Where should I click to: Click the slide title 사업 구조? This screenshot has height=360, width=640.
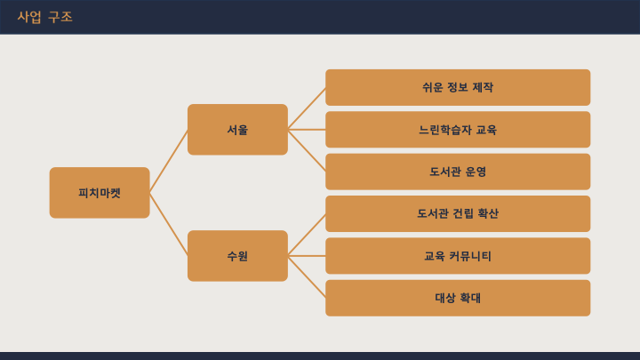(45, 17)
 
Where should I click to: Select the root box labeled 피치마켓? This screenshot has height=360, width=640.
(100, 193)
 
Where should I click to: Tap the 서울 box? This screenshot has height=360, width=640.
(237, 130)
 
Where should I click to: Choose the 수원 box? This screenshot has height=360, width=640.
(237, 256)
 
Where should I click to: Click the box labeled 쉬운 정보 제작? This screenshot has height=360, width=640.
(458, 87)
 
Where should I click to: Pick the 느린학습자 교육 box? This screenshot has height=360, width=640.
(458, 130)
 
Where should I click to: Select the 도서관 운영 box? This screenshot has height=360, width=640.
(458, 172)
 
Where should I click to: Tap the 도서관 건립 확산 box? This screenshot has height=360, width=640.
(458, 214)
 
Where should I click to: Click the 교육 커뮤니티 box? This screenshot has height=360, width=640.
(458, 256)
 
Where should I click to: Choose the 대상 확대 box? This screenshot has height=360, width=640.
(458, 298)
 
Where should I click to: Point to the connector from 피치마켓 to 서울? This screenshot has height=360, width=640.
(169, 161)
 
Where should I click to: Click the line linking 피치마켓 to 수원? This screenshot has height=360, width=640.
(169, 225)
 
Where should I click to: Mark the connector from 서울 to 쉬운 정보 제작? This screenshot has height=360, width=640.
(307, 108)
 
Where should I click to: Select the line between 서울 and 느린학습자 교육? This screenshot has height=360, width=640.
(307, 130)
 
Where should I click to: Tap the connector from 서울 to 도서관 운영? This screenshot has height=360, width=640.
(307, 150)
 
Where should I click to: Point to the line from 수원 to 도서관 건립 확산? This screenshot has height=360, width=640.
(307, 235)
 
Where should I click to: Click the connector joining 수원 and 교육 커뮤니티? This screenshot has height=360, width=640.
(307, 256)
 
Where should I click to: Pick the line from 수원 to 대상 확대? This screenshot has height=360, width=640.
(307, 277)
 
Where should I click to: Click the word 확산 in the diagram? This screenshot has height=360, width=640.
(488, 213)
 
